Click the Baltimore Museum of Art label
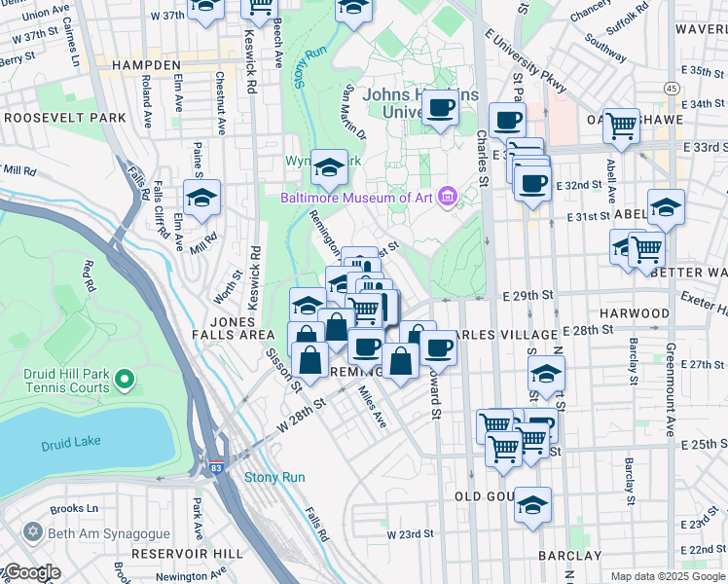[355, 198]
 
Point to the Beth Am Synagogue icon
[34, 533]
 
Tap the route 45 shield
[672, 88]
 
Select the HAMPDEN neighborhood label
[147, 64]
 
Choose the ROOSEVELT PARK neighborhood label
[65, 117]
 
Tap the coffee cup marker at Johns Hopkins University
[440, 107]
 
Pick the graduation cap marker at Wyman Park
[329, 168]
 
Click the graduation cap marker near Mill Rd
[201, 197]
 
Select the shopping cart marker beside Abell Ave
[620, 125]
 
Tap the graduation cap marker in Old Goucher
[532, 504]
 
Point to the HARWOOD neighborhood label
[634, 313]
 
